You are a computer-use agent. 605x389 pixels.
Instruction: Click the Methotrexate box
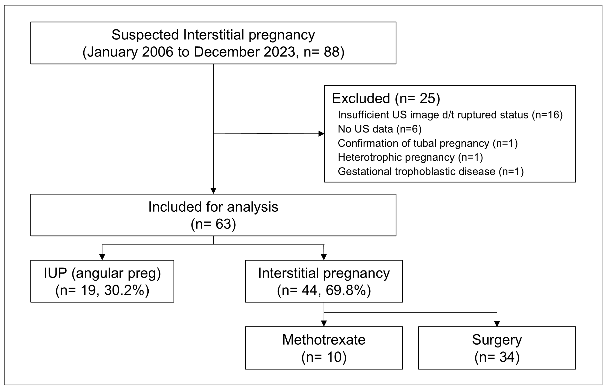[x=323, y=348]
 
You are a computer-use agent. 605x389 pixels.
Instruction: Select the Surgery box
[x=497, y=348]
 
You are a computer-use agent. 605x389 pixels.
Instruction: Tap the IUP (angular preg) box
[x=102, y=281]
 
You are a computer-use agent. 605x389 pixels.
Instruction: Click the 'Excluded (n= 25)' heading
[x=386, y=98]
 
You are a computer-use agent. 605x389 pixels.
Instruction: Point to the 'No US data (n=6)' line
[x=380, y=129]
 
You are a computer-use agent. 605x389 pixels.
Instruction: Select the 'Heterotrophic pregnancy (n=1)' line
[x=410, y=157]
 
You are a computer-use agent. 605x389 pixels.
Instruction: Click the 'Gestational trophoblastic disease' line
[x=431, y=172]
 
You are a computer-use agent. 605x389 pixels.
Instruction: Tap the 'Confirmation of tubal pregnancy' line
[x=428, y=143]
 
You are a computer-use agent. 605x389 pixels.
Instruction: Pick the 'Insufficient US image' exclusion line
[x=450, y=115]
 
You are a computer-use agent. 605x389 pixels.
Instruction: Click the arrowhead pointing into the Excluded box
[x=321, y=134]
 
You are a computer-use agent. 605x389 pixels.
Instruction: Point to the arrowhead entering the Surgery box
[x=497, y=324]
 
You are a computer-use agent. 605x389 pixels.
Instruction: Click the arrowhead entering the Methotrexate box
[x=324, y=324]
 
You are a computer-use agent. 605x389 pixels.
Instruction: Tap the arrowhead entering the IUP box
[x=102, y=257]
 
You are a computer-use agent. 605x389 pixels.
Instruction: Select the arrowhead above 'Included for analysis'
[x=213, y=191]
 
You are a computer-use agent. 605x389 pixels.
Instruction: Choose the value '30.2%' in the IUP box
[x=124, y=290]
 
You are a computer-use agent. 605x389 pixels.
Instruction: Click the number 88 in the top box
[x=331, y=52]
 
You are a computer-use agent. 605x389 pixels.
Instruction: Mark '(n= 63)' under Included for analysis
[x=213, y=224]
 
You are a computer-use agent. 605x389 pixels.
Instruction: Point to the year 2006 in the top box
[x=157, y=52]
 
